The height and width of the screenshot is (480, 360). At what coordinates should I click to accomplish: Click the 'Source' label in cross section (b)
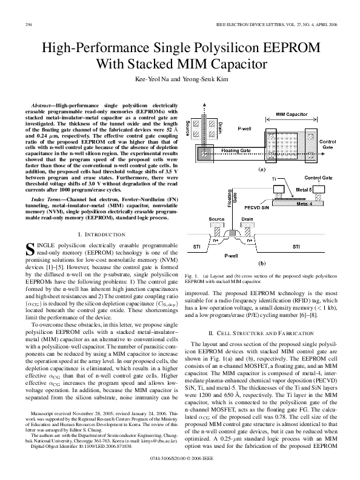click(217, 220)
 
